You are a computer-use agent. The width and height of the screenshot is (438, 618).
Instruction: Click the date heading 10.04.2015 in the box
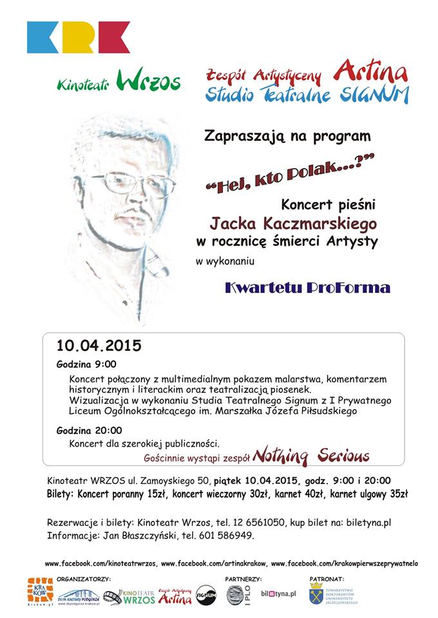pos(98,346)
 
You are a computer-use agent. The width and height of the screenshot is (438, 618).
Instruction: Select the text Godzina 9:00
pos(86,364)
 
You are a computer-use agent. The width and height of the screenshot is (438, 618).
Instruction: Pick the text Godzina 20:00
pos(89,430)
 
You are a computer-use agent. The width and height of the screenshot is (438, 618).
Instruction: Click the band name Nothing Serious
pos(310,456)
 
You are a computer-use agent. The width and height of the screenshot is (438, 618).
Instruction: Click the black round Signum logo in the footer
pos(205,595)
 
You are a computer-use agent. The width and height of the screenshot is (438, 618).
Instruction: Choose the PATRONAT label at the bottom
pos(327,579)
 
